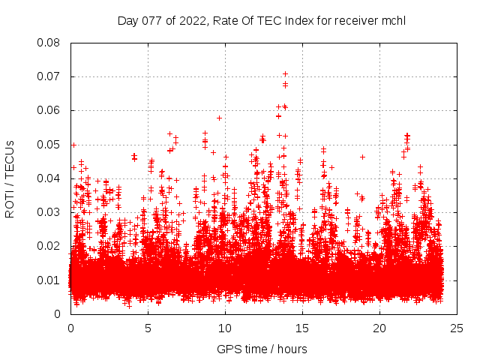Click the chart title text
click(x=261, y=20)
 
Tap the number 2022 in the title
click(x=191, y=20)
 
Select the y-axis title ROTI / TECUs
click(x=10, y=178)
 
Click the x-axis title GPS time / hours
click(x=261, y=349)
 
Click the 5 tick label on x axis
click(x=148, y=328)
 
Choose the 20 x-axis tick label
click(x=380, y=328)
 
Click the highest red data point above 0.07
click(x=285, y=73)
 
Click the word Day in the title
click(x=128, y=20)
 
